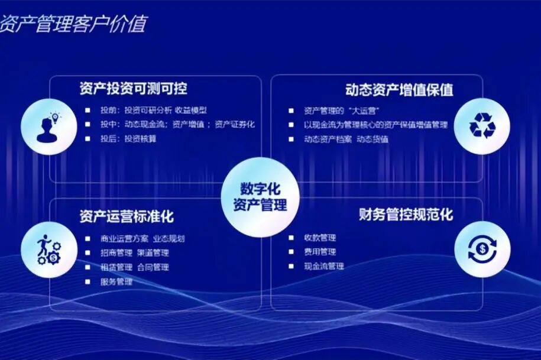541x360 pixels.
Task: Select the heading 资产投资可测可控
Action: pos(133,89)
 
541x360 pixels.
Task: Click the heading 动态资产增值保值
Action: pos(399,90)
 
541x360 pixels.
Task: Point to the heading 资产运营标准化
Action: pos(127,216)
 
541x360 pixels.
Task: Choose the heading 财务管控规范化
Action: pos(406,214)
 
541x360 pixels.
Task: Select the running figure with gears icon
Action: pos(48,249)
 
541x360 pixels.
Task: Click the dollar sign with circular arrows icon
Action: pos(482,249)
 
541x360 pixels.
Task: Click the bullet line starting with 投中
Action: pos(177,124)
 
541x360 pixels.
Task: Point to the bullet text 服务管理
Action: pos(116,281)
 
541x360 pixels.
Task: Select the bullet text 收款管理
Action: pos(320,238)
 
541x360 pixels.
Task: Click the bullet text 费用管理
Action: pos(320,252)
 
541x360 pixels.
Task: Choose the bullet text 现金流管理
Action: pos(324,266)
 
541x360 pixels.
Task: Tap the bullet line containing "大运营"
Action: pos(341,111)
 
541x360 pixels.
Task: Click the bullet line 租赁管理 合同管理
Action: pos(135,267)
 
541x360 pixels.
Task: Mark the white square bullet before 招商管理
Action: pos(88,253)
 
